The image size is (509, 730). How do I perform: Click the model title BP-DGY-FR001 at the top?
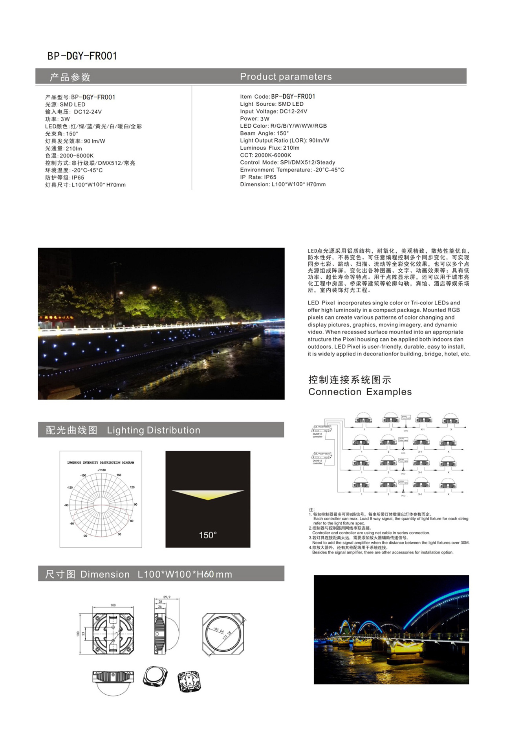coord(82,56)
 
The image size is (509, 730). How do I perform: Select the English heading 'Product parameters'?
coord(286,77)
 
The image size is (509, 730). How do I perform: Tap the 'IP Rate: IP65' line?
coord(258,177)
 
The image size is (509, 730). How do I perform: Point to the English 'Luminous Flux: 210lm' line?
coord(269,148)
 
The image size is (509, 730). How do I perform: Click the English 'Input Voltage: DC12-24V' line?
coord(273,112)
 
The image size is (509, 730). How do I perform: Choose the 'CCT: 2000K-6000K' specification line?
coord(265,155)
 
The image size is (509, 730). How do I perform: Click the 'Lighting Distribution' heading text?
coord(153,430)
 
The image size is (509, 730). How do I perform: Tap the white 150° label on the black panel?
coord(207,535)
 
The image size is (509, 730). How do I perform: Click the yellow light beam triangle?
coord(208,494)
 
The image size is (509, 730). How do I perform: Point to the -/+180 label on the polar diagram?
coord(101,470)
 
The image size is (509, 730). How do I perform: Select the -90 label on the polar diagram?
coord(66,505)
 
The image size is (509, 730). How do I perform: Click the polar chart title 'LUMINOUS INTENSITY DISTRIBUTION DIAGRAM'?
coord(101,463)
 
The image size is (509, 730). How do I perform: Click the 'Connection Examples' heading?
coord(360,392)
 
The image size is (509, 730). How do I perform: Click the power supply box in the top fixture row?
coord(406,417)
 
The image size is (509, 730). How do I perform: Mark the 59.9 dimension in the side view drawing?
coord(167,597)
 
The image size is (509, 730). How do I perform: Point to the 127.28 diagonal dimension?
coord(227,635)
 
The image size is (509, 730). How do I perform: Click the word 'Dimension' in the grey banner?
coord(105,574)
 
